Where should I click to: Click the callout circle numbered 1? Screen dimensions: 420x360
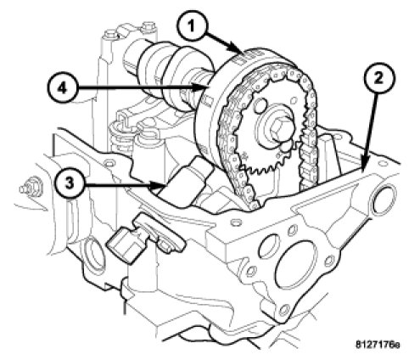pyautogui.click(x=192, y=26)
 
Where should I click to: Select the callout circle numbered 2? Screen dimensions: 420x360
pyautogui.click(x=378, y=77)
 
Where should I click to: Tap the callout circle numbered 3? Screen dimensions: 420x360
pyautogui.click(x=70, y=183)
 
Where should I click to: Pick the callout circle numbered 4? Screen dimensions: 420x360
pyautogui.click(x=62, y=88)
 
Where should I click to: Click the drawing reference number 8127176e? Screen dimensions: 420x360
pyautogui.click(x=378, y=345)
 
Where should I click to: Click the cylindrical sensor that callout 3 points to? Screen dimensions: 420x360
pyautogui.click(x=184, y=183)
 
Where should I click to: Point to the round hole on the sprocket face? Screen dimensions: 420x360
pyautogui.click(x=260, y=106)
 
